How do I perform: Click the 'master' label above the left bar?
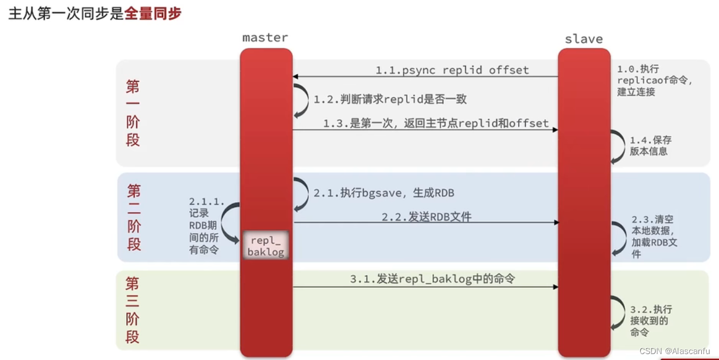pos(265,37)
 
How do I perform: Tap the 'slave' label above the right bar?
pos(583,39)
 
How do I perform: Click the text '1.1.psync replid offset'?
pos(452,70)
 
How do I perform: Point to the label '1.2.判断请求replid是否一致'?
pos(394,99)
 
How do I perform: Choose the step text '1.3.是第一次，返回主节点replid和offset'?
pos(436,123)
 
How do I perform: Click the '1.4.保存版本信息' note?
pos(650,146)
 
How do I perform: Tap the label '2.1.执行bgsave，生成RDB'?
pos(384,193)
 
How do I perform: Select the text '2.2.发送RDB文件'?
pos(426,217)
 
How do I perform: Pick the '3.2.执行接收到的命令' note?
pos(651,321)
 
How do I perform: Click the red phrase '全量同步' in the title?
pos(153,14)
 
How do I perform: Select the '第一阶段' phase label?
pos(133,113)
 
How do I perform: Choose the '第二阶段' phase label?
pos(134,217)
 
